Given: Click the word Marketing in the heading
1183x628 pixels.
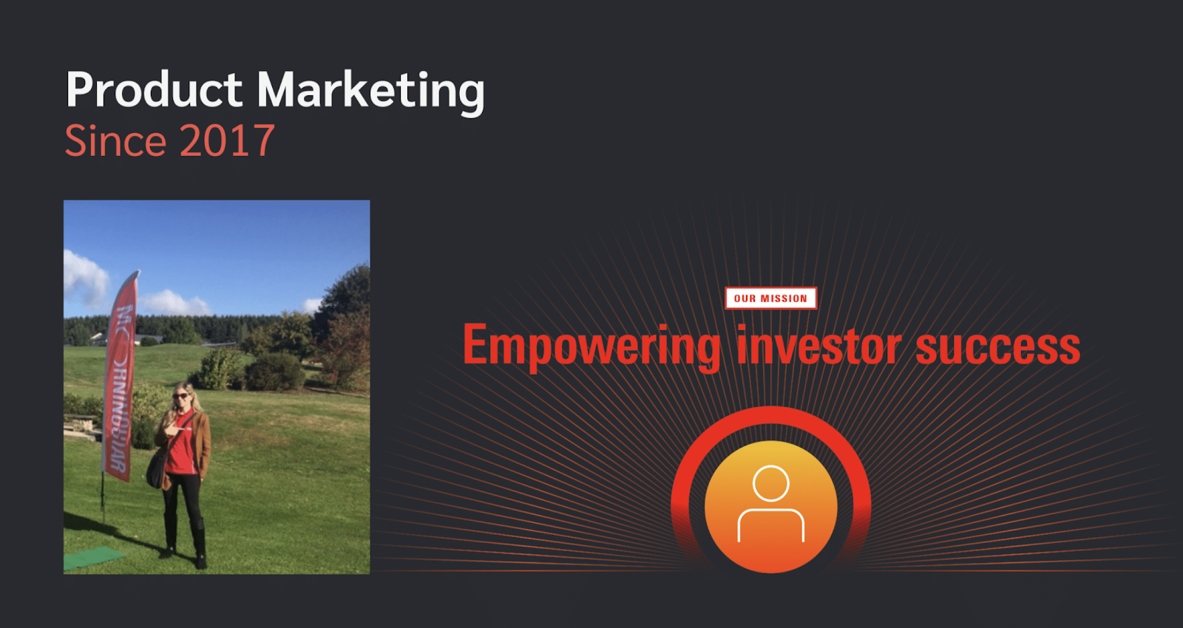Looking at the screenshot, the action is pos(370,92).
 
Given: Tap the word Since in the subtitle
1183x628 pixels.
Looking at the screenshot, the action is pos(115,140).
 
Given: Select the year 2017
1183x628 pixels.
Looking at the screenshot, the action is pos(227,140).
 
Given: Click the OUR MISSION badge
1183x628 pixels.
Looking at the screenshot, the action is pos(770,298).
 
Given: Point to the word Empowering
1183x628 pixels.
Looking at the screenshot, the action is pos(591,347).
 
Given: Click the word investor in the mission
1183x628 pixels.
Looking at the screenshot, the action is pos(819,346).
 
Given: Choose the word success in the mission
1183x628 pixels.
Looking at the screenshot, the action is pos(997,348).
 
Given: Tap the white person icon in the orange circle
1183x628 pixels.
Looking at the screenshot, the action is pos(771,503).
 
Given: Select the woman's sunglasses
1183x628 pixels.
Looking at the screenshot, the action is pos(180,395).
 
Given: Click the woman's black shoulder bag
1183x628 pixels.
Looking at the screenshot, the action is pos(157,468).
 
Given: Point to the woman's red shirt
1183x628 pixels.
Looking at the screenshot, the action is pos(180,444).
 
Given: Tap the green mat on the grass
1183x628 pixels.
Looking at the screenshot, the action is pos(93,558).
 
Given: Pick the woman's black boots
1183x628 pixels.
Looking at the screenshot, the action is pos(186,541).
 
